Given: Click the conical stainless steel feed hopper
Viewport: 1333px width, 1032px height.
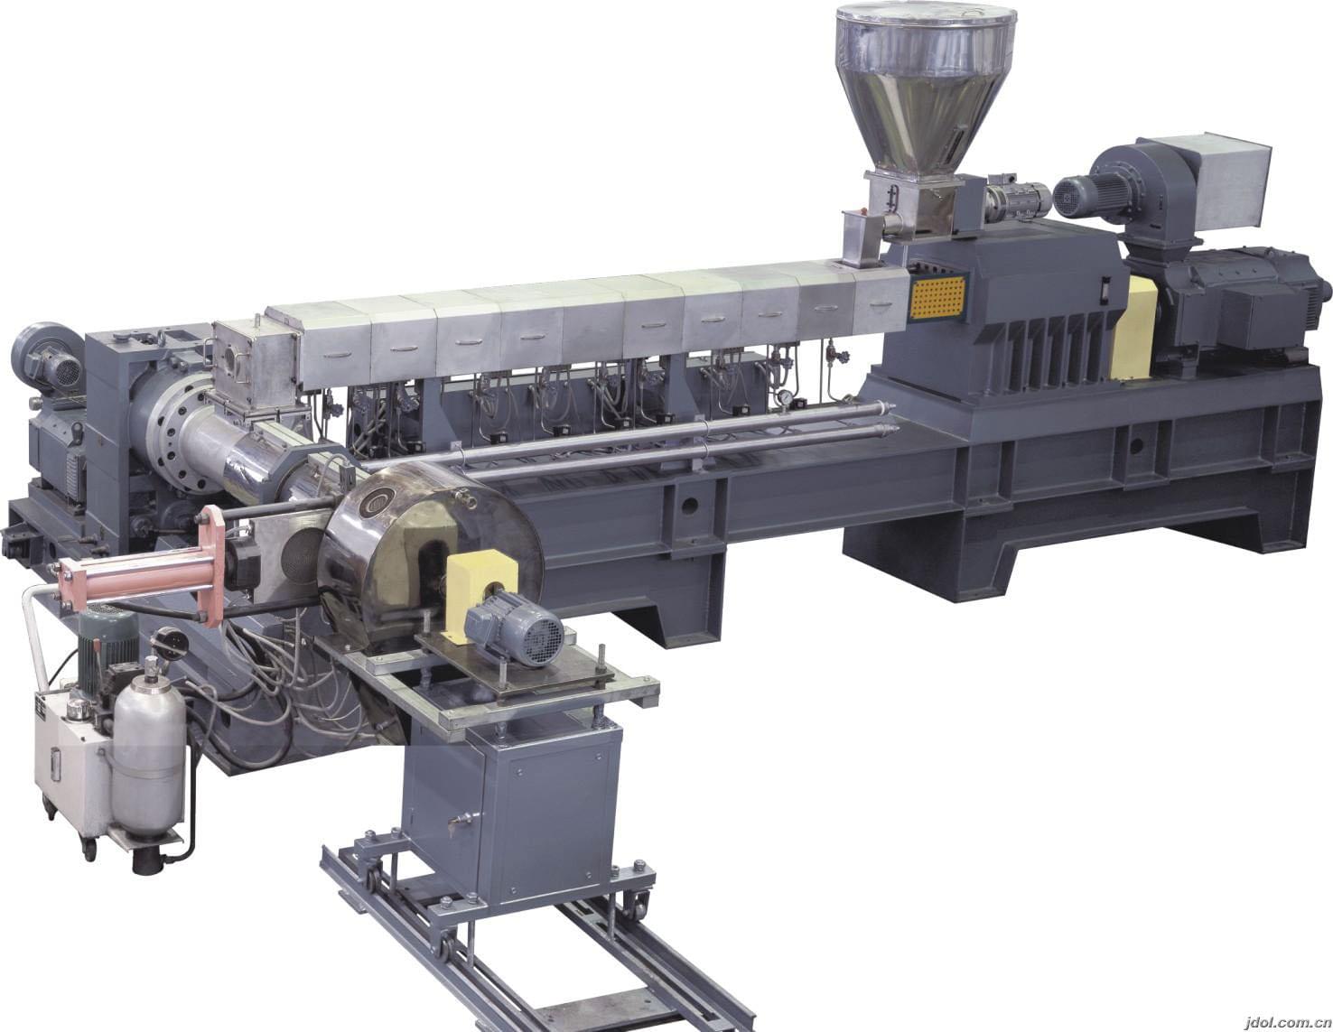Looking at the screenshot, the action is pos(925,86).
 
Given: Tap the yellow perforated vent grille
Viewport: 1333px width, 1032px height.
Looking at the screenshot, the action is pos(937,297).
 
